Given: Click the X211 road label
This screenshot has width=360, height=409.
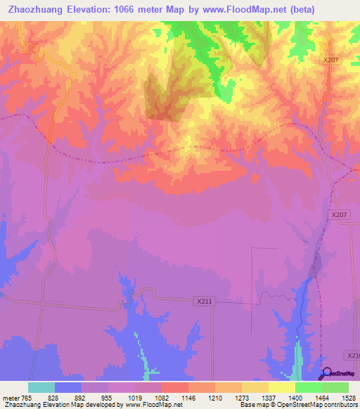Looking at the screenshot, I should tap(204, 301).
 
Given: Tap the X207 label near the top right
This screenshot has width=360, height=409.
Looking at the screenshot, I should tap(331, 60).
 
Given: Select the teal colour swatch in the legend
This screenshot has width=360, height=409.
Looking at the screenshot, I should tap(41, 387).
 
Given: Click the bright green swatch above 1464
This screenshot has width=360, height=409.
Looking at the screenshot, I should tap(309, 387).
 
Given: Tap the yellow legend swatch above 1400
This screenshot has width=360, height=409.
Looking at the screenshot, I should tap(282, 387).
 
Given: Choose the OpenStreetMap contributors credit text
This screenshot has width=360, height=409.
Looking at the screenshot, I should tap(309, 405).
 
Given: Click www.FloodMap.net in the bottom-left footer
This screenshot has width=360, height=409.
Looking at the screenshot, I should tap(150, 405).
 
